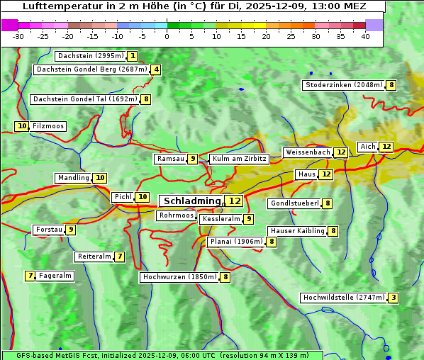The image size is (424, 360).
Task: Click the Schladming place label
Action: tap(191, 201)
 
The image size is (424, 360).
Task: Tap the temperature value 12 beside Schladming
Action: tap(235, 201)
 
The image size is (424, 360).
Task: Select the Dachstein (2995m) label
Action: tap(90, 55)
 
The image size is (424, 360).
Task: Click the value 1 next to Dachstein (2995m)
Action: tap(133, 55)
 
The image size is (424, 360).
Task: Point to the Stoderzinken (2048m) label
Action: tap(343, 85)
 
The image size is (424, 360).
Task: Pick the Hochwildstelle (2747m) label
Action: tap(343, 298)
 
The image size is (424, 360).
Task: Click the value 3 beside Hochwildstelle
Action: tap(393, 298)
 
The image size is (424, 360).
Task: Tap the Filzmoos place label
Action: tap(48, 126)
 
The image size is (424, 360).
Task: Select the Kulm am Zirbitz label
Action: tap(239, 159)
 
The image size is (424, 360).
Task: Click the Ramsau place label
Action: tap(170, 159)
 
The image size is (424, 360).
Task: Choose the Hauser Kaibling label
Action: tap(296, 231)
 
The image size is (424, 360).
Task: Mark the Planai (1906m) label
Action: tap(235, 242)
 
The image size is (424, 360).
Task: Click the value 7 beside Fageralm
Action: tap(30, 276)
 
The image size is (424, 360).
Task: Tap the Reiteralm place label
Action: tap(94, 257)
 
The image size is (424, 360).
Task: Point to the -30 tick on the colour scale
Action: tap(18, 36)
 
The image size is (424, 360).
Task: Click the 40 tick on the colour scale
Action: tap(365, 36)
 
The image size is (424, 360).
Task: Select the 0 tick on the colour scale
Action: tap(167, 36)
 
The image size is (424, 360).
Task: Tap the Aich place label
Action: tap(368, 147)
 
